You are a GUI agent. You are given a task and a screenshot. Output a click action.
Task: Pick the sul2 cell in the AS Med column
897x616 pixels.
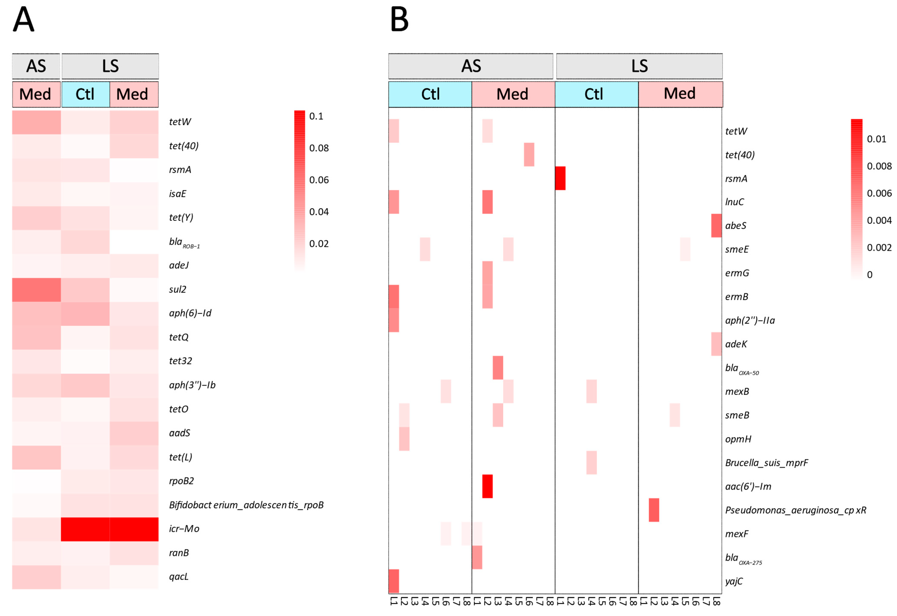coord(36,290)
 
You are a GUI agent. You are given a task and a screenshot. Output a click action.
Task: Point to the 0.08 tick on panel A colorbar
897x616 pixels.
coord(319,148)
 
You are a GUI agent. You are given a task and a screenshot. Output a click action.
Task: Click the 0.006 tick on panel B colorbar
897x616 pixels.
coord(879,193)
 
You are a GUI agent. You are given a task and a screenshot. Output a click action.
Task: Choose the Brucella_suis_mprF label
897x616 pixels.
coord(766,463)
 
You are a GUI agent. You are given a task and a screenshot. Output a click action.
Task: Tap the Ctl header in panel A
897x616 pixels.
coord(85,94)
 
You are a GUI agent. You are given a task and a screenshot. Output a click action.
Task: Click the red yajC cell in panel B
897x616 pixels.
coord(394,581)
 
